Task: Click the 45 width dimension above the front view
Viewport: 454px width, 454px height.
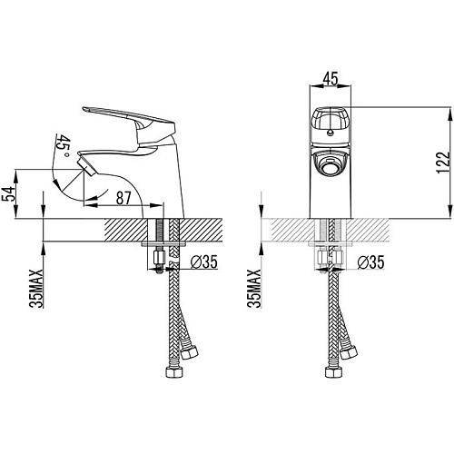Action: (331, 79)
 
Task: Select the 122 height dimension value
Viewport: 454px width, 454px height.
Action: (443, 163)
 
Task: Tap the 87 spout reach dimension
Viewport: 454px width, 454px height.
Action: (123, 198)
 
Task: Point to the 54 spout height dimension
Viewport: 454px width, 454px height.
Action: (8, 194)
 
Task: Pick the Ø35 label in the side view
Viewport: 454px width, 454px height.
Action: (203, 262)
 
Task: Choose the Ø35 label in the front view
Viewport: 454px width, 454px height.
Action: (370, 262)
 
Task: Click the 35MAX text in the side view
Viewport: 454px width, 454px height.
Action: (36, 289)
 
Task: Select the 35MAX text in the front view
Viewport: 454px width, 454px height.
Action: (253, 289)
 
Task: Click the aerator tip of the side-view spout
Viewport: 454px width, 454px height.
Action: (86, 164)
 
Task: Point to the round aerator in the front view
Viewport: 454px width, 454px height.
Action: (331, 166)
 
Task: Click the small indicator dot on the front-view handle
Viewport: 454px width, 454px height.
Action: (331, 132)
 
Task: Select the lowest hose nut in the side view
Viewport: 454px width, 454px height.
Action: (174, 372)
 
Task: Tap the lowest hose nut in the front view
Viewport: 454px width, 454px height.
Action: (334, 372)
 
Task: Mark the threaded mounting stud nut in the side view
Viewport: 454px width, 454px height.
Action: (159, 258)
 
